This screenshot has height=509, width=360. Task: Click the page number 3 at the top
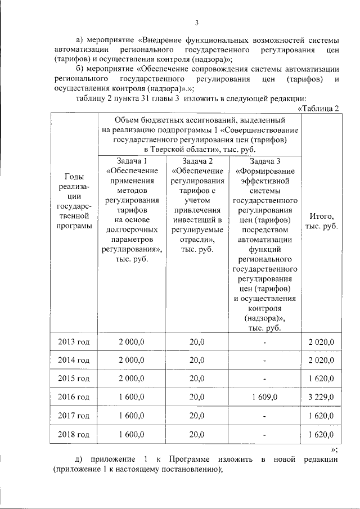point(197,23)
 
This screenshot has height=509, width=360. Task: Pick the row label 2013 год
point(74,342)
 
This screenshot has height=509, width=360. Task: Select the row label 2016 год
point(74,397)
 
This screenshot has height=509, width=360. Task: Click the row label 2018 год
point(74,434)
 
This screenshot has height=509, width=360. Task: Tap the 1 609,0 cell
point(265,397)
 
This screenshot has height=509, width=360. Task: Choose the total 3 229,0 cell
point(321,397)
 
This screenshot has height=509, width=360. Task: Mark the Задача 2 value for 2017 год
point(197,416)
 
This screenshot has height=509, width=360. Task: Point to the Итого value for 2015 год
point(321,379)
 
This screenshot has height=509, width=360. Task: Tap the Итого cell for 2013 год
point(321,342)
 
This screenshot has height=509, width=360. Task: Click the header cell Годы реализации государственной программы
point(74,201)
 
